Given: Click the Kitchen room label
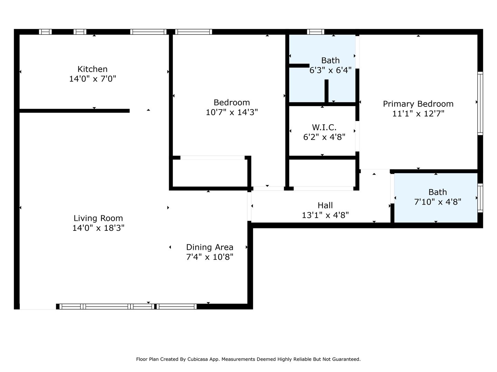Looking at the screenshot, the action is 92,69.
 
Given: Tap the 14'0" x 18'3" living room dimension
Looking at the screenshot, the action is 98,228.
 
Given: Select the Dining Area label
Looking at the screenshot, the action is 209,247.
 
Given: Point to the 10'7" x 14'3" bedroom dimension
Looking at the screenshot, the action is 232,112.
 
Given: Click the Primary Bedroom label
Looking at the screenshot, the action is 418,104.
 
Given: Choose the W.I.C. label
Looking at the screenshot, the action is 324,127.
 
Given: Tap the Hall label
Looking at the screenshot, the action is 325,205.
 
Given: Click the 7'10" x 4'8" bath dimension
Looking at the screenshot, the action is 437,202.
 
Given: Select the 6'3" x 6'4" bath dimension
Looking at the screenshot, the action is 330,70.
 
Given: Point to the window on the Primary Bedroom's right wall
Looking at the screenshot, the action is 480,103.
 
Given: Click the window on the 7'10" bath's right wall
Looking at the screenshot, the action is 480,198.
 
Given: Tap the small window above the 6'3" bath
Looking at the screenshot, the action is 315,32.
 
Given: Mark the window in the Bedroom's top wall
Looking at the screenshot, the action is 194,32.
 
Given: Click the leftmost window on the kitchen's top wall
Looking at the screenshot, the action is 45,32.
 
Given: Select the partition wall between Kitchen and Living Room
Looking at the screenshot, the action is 75,111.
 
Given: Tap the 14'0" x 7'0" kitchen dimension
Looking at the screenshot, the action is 92,79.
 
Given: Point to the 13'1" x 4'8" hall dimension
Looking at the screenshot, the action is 325,215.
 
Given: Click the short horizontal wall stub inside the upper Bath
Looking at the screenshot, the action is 299,65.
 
